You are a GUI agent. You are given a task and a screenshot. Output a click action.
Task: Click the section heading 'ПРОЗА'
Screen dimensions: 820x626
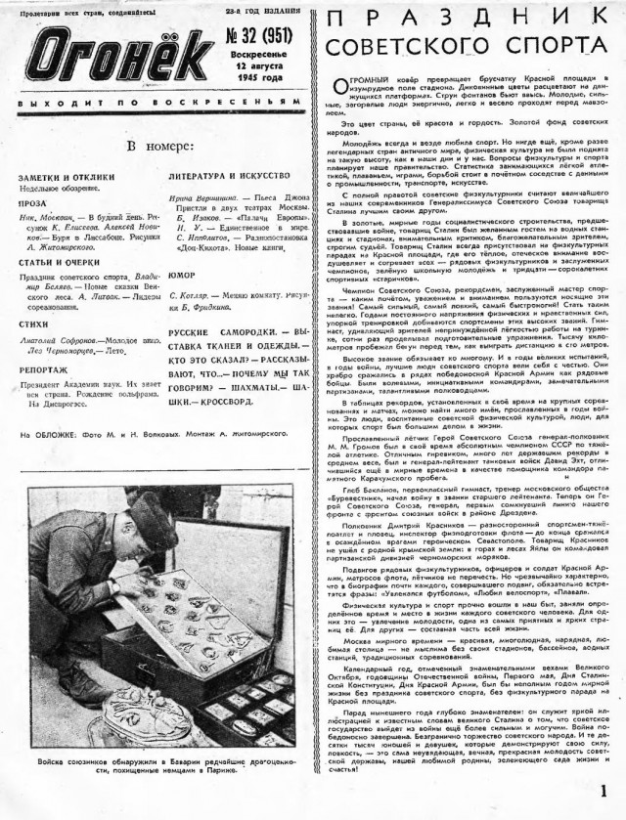click(31, 207)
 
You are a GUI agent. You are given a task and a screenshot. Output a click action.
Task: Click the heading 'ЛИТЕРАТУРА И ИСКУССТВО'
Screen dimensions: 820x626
click(224, 176)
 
